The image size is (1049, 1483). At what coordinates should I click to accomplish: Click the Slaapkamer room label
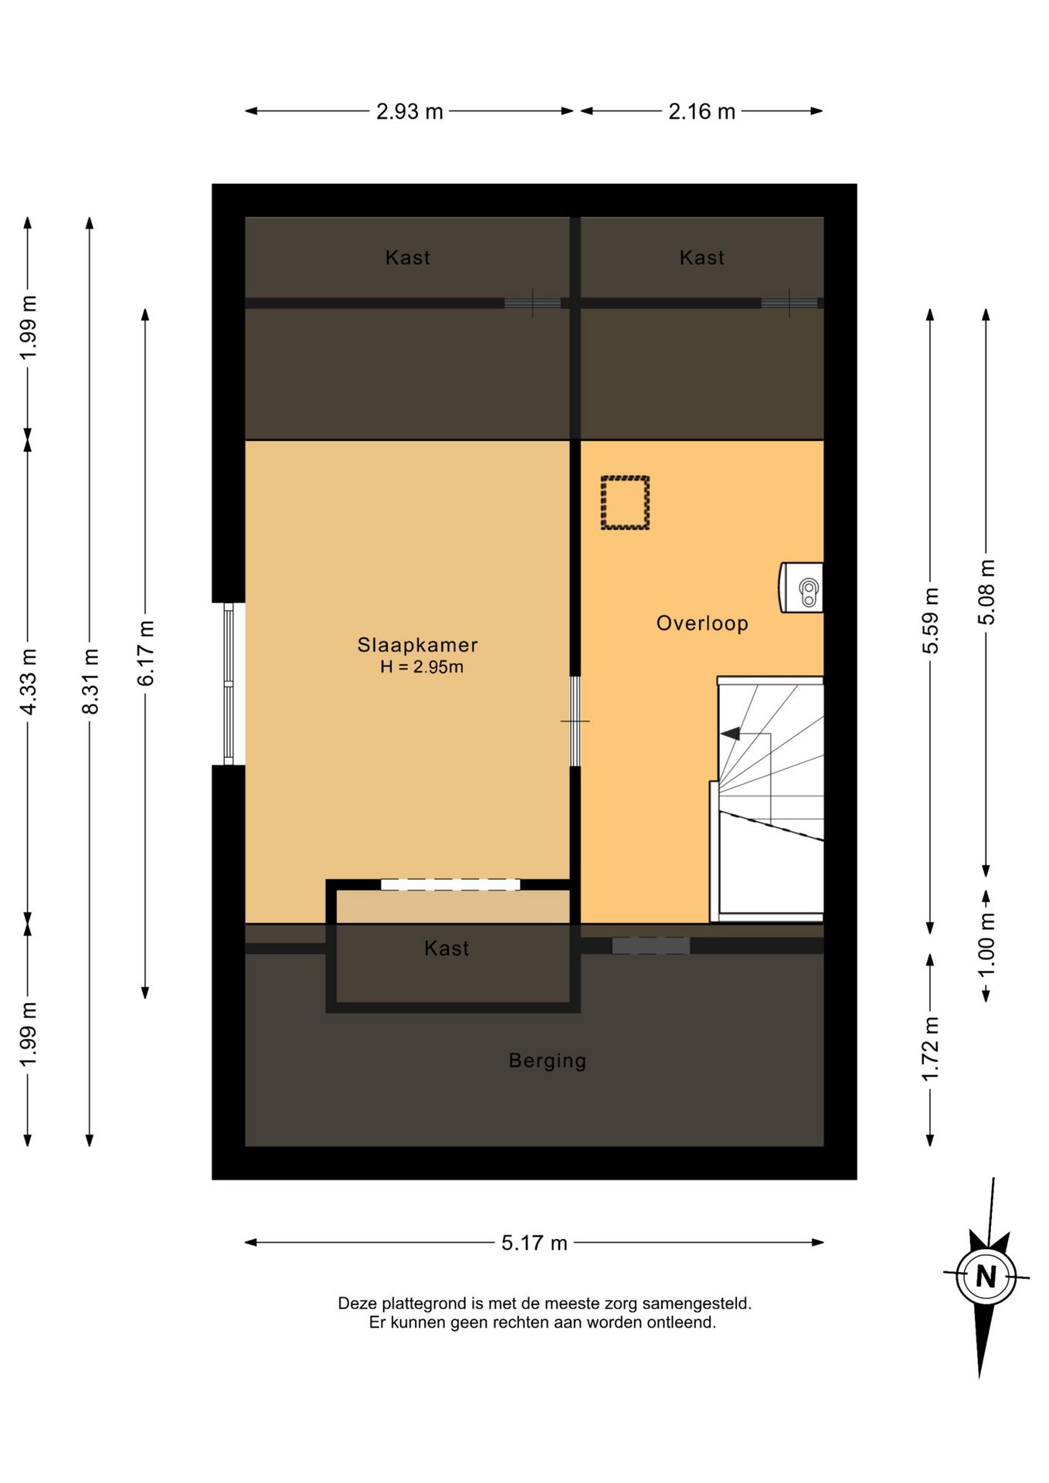pyautogui.click(x=417, y=645)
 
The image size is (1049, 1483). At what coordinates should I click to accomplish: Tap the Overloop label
pyautogui.click(x=702, y=623)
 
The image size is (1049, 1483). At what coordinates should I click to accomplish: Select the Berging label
pyautogui.click(x=548, y=1060)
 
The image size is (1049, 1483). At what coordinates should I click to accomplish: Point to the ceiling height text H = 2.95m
pyautogui.click(x=422, y=667)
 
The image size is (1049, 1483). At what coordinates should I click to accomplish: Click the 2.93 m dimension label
pyautogui.click(x=409, y=112)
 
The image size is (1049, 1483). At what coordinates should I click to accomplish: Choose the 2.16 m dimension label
pyautogui.click(x=701, y=112)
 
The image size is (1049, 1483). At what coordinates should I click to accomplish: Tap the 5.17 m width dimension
pyautogui.click(x=535, y=1243)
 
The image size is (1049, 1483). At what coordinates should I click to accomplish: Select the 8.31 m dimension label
pyautogui.click(x=90, y=681)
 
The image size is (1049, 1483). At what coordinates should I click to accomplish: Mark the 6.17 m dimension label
pyautogui.click(x=146, y=653)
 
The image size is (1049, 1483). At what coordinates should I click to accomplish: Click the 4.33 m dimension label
pyautogui.click(x=29, y=681)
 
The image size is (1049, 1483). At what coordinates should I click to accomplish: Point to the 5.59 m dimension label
pyautogui.click(x=931, y=620)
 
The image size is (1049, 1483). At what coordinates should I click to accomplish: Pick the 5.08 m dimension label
pyautogui.click(x=986, y=592)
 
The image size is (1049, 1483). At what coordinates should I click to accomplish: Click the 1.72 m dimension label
pyautogui.click(x=931, y=1049)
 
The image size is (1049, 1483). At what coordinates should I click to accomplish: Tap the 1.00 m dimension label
pyautogui.click(x=986, y=945)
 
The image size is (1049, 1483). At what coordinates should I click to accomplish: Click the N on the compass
pyautogui.click(x=986, y=1276)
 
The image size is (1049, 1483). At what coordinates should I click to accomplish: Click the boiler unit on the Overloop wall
pyautogui.click(x=801, y=588)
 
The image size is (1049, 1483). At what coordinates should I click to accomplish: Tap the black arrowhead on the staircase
pyautogui.click(x=730, y=733)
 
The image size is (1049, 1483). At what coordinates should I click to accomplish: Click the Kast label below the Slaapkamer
pyautogui.click(x=446, y=949)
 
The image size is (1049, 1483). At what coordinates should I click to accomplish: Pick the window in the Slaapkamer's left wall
pyautogui.click(x=229, y=684)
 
